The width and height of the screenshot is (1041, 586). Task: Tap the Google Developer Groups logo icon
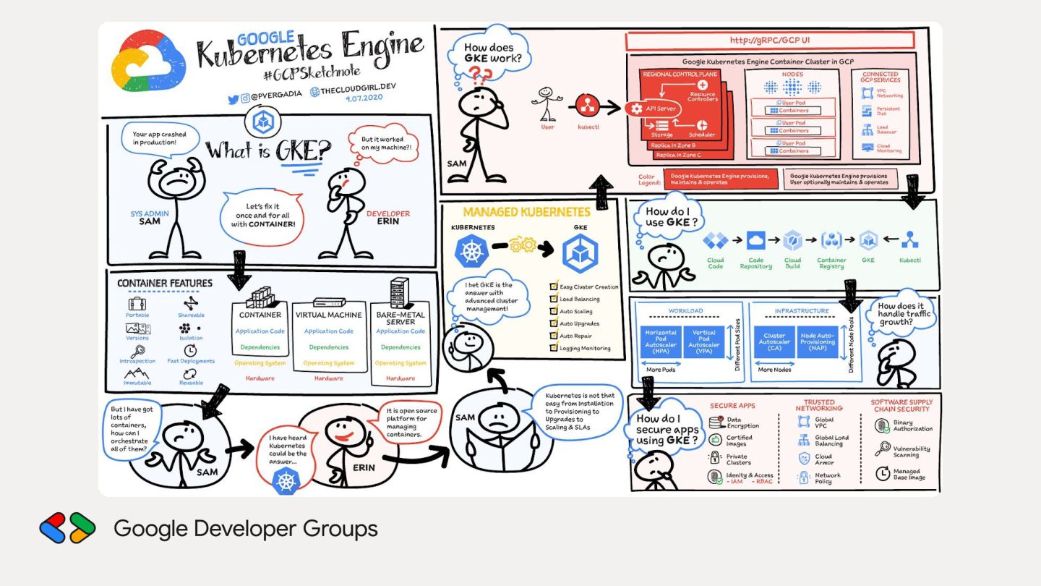[x=67, y=528]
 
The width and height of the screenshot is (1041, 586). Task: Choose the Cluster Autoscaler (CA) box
[x=774, y=341]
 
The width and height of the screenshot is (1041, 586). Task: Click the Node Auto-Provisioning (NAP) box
[x=818, y=341]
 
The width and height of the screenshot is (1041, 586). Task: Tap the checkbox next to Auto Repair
[x=554, y=336]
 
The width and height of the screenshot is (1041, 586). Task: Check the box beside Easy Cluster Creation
[x=554, y=287]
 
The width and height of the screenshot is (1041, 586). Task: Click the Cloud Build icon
[x=792, y=241]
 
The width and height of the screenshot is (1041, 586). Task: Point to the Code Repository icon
[x=755, y=241]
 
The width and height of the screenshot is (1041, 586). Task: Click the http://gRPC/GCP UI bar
[x=770, y=41]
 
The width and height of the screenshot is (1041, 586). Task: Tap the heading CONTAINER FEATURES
[x=165, y=283]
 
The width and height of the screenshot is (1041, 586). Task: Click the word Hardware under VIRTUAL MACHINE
[x=329, y=378]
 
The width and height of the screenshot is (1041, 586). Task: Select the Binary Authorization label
[x=912, y=426]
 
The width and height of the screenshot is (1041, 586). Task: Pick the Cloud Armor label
[x=824, y=460]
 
